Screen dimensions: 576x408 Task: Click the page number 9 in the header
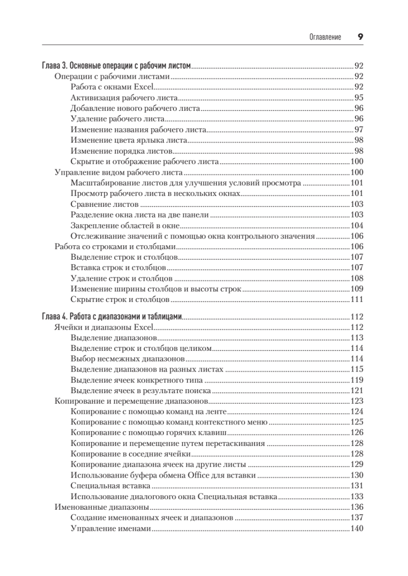pos(360,37)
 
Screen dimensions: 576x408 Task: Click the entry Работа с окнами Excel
pos(111,87)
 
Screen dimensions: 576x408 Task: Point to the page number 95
pos(359,97)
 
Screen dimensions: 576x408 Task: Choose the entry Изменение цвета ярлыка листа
pos(128,140)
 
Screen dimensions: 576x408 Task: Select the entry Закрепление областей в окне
pos(125,226)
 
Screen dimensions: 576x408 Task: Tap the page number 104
pos(357,226)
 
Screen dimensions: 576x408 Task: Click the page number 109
pos(357,290)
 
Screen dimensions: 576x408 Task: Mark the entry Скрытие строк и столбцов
pos(120,300)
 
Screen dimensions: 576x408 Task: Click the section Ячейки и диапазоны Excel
pos(103,328)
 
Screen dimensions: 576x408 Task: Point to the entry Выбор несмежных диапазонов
pos(128,360)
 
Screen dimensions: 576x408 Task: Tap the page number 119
pos(357,380)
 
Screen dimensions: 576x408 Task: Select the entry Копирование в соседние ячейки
pos(132,454)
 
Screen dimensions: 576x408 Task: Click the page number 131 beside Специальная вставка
pos(357,486)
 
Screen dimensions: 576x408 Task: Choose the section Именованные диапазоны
pos(101,507)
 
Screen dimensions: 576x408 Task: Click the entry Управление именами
pos(111,529)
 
